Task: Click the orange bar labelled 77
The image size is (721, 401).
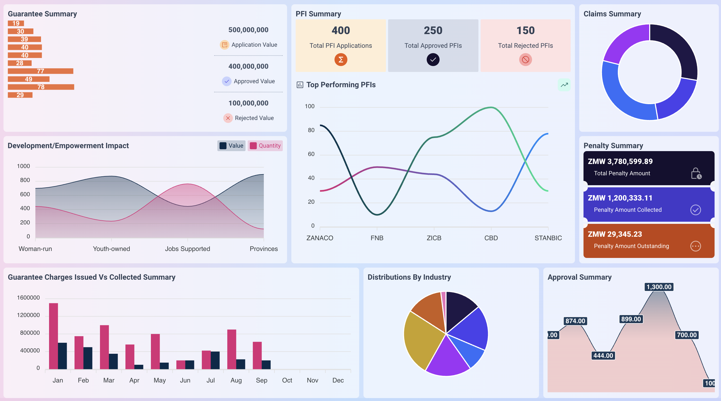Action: [x=40, y=71]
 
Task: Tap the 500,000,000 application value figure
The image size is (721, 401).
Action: [x=248, y=30]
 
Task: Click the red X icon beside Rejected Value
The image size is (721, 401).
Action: [x=228, y=118]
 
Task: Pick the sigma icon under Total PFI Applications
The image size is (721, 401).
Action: [x=341, y=60]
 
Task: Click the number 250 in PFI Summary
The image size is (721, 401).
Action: [x=433, y=30]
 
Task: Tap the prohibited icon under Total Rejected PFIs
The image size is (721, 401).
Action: [x=525, y=60]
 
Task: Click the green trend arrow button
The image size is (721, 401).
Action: [x=564, y=85]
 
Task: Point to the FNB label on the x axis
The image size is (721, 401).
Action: [x=377, y=238]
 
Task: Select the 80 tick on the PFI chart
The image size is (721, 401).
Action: [x=311, y=130]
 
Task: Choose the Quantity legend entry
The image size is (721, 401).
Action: [x=265, y=146]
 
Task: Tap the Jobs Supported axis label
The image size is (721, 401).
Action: [x=187, y=249]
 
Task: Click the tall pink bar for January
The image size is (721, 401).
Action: [x=53, y=336]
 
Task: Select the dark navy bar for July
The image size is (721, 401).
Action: [x=215, y=360]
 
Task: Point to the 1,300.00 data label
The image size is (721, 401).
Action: [x=659, y=287]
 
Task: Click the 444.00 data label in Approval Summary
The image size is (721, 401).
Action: [x=603, y=356]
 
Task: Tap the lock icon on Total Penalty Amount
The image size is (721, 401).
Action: [x=696, y=173]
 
